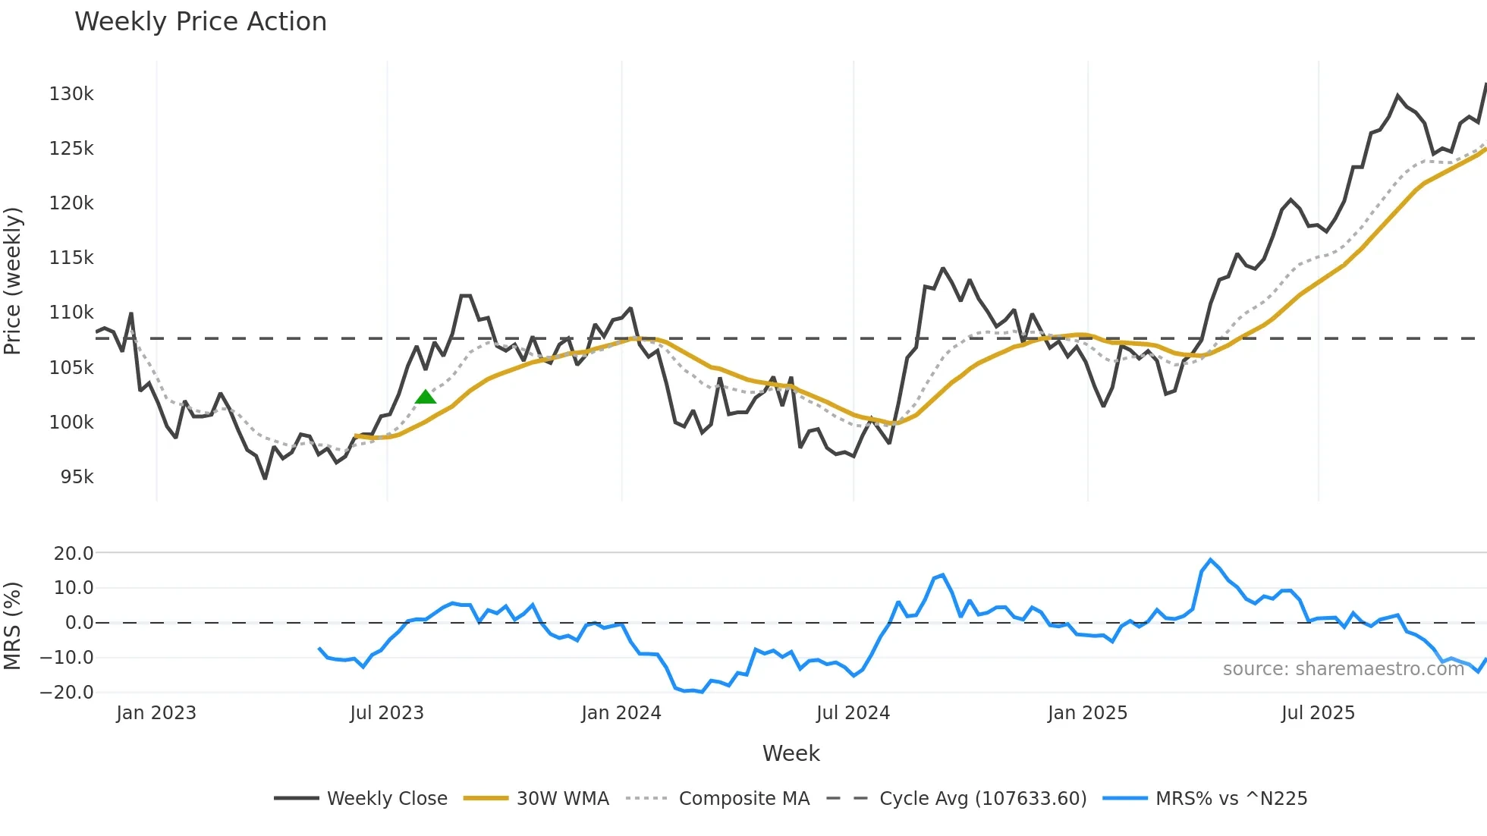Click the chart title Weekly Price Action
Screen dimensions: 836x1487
coord(200,22)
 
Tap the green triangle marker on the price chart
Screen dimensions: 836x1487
coord(426,397)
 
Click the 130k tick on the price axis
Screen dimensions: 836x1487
coord(71,94)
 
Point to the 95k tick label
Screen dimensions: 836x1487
coord(77,477)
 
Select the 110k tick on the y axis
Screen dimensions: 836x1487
coord(71,313)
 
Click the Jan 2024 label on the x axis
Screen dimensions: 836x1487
coord(621,713)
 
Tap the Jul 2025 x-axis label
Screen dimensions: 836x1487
coord(1318,713)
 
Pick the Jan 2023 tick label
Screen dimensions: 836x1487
coord(156,713)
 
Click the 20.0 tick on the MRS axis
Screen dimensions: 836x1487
coord(74,554)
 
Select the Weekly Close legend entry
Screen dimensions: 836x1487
coord(361,799)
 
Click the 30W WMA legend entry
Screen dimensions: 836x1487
coord(537,799)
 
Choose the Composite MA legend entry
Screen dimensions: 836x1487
coord(718,799)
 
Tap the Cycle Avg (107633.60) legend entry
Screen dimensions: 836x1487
coord(957,799)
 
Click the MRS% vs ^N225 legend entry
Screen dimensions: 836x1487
coord(1206,799)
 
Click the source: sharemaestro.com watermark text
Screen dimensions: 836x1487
coord(1343,669)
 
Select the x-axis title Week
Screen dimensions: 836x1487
coord(791,753)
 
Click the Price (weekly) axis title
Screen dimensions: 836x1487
coord(13,281)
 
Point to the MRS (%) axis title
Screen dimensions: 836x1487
coord(13,626)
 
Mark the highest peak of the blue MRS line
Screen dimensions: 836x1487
coord(1210,560)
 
